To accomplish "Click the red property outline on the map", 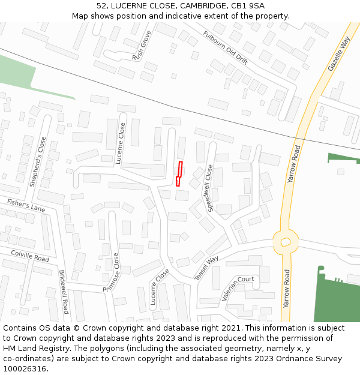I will coord(179,173).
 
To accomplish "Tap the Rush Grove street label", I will coord(142,46).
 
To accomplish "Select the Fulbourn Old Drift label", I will coord(225,48).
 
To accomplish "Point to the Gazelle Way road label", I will coord(339,54).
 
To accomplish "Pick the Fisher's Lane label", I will coord(26,205).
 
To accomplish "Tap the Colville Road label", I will coord(29,256).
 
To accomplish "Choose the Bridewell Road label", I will coord(64,292).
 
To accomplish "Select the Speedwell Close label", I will coord(210,188).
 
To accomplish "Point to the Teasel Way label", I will coord(206,268).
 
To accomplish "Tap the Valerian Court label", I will coord(238,289).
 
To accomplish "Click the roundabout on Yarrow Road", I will coord(286,242).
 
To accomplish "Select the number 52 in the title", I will coord(101,5).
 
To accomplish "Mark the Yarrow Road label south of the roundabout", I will coord(287,289).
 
